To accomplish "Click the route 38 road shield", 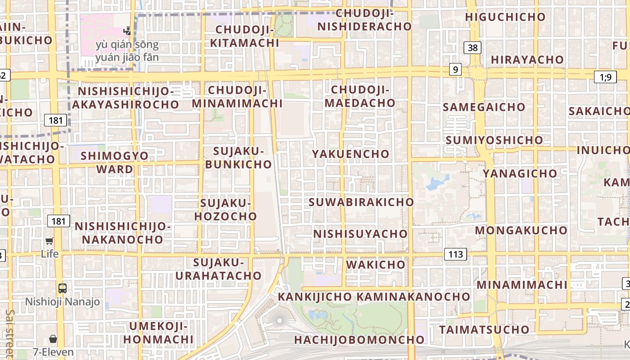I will point(473,47).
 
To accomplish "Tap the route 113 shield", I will point(455,254).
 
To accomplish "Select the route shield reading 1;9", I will point(605,77).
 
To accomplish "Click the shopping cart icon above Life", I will point(49,241).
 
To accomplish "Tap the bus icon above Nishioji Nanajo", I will point(62,288).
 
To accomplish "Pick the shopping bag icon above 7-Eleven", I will point(53,338).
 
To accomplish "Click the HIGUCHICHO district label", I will point(505,17).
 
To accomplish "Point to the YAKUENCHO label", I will point(351,154).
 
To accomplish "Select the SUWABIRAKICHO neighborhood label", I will point(361,202).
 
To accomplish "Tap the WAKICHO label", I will point(376,264).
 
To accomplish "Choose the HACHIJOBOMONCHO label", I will point(359,339).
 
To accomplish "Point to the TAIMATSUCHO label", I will point(484,329).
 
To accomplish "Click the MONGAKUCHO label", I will point(521,230).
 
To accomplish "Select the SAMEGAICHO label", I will point(484,107).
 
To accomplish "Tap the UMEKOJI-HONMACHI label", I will point(158,333).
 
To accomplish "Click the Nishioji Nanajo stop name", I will point(63,301).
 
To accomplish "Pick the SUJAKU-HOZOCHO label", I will point(225,210).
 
